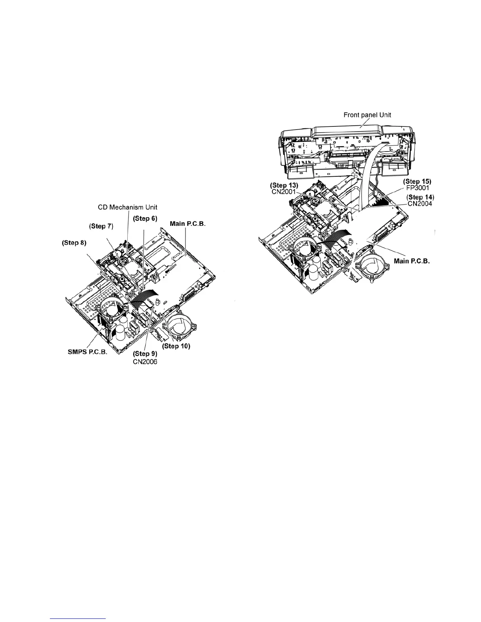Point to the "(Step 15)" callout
[418, 181]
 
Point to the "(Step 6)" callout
[145, 218]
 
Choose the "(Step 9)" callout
[145, 354]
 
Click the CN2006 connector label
[145, 361]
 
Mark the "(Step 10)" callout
[176, 346]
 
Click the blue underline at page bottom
[79, 618]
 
